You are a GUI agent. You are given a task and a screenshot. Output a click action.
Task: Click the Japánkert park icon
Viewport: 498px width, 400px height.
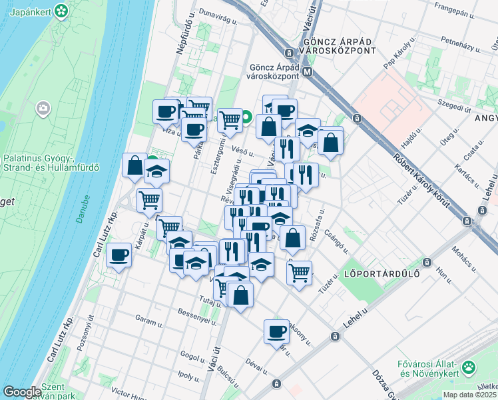tap(61, 11)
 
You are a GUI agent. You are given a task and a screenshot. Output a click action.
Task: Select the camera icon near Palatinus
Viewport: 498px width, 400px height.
tap(44, 108)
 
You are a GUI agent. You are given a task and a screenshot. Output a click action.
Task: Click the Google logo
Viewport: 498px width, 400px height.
tap(22, 392)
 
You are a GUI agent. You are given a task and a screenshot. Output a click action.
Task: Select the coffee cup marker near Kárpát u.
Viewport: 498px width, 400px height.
tap(119, 256)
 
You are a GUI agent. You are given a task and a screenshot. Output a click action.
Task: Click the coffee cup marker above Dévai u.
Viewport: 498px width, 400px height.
tap(276, 331)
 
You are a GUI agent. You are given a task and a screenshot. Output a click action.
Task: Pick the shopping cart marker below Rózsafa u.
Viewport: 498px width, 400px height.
tap(300, 271)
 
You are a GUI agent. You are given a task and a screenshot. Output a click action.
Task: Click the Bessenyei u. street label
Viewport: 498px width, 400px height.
tap(199, 313)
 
